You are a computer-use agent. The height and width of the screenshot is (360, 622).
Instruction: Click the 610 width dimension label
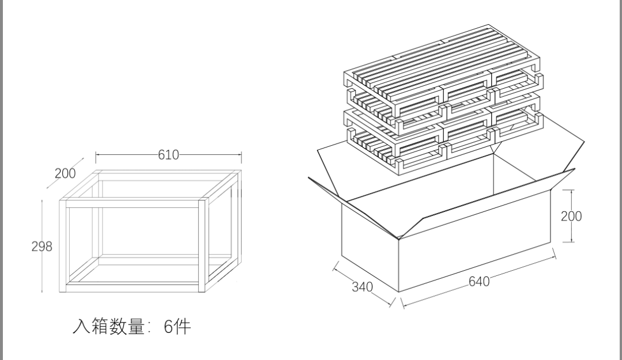tap(168, 154)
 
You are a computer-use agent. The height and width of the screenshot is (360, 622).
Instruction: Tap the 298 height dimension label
tap(42, 247)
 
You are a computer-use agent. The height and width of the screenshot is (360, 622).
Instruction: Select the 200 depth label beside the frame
tap(65, 173)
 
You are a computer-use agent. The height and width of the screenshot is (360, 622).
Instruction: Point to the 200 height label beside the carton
tap(571, 216)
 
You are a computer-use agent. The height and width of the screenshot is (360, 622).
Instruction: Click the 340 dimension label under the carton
tap(362, 286)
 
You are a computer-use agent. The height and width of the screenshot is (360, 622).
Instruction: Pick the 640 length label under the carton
tap(479, 282)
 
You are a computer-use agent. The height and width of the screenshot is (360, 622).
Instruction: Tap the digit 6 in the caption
tap(168, 327)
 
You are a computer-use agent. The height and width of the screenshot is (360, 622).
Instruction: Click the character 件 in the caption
tap(183, 327)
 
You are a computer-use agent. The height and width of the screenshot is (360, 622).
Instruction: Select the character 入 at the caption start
tap(81, 326)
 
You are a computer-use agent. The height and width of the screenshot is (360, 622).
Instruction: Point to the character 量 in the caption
tap(135, 326)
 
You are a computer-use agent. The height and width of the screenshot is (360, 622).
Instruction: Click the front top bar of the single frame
tap(133, 204)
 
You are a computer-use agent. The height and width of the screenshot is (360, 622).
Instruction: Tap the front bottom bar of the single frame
tap(133, 288)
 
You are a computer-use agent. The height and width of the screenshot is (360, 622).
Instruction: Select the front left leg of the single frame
tap(63, 246)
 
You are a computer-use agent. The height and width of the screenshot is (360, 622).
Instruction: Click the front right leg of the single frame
tap(202, 246)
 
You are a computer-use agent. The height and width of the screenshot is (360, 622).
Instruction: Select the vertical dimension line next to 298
tap(42, 246)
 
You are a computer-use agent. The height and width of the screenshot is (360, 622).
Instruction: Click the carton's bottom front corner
tap(399, 292)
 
